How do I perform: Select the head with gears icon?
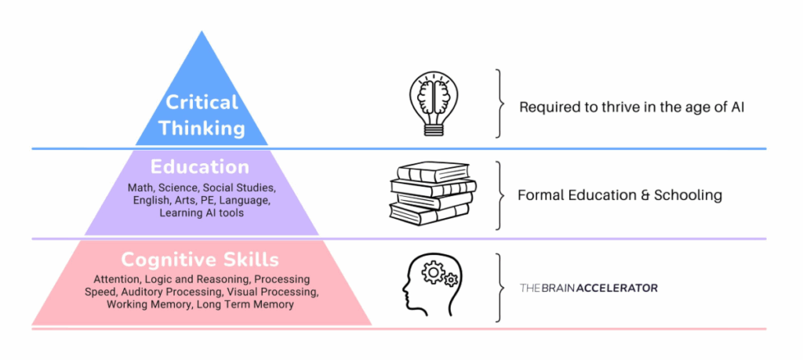point(429,285)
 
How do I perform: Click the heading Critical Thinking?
point(202,114)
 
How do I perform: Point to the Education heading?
point(201,167)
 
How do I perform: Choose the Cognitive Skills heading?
point(201,260)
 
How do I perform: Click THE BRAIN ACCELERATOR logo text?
point(588,288)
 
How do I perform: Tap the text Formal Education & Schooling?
point(620,195)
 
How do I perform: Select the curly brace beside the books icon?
point(498,195)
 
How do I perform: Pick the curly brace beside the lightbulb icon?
point(498,104)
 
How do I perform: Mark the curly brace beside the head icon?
point(498,288)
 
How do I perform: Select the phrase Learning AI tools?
point(202,213)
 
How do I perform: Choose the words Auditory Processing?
point(165,292)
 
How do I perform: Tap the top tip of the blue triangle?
point(202,32)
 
